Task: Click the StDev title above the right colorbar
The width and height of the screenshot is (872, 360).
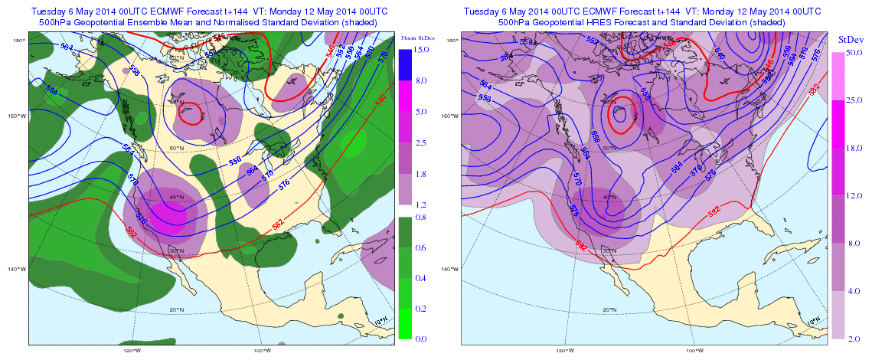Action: click(848, 38)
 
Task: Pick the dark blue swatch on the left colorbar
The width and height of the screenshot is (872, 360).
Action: click(406, 65)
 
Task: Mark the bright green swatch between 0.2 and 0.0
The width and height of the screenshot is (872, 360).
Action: click(406, 323)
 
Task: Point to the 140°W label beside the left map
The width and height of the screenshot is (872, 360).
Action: click(16, 269)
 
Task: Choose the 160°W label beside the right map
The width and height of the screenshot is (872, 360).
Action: click(450, 116)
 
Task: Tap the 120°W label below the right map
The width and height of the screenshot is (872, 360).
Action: click(566, 351)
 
